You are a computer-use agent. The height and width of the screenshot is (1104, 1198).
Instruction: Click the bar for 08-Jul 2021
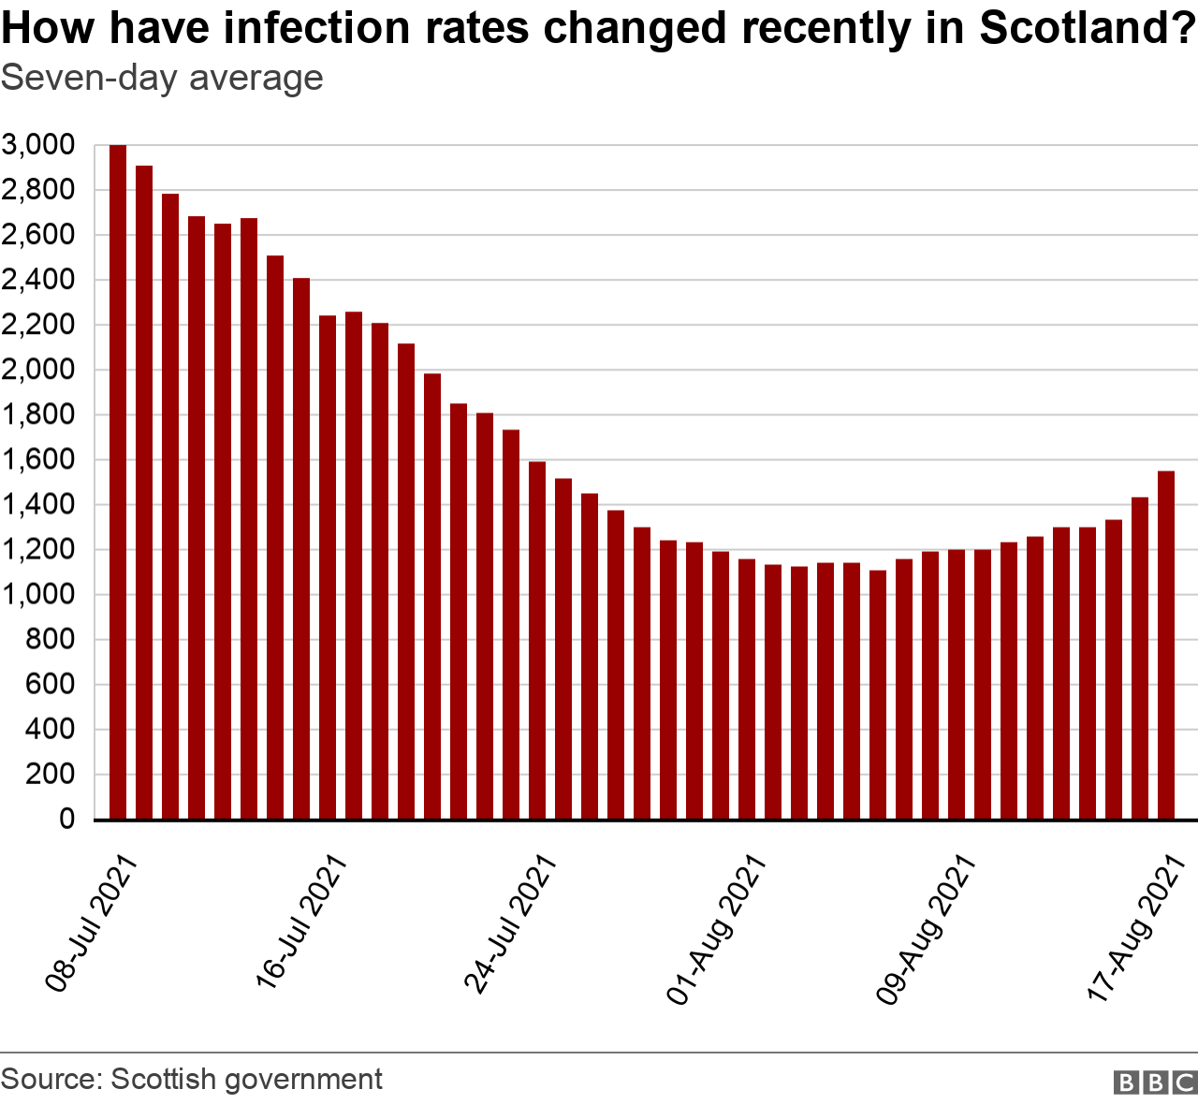click(x=118, y=482)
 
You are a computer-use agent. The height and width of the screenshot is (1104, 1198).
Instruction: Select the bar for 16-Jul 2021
click(x=328, y=567)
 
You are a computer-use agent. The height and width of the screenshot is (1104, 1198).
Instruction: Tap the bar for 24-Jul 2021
click(x=537, y=640)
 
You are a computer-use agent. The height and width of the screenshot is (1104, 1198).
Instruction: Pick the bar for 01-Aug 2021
click(x=747, y=689)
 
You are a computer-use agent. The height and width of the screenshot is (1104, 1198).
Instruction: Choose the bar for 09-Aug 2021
click(x=957, y=684)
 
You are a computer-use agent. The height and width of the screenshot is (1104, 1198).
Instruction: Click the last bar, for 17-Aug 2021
click(x=1166, y=645)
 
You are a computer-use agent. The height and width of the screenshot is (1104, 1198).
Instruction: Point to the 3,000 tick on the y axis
click(x=37, y=145)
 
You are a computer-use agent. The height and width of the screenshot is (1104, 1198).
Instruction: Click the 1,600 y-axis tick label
click(x=37, y=459)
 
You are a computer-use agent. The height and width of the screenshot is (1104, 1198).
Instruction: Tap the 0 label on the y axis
click(x=66, y=819)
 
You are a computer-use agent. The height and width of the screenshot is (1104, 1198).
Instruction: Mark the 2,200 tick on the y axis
click(x=37, y=325)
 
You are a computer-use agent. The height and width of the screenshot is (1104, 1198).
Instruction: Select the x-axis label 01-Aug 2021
click(x=717, y=928)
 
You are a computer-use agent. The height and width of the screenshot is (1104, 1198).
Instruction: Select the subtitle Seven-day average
click(x=162, y=78)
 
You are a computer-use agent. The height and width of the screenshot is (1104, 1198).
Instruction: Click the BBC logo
click(x=1155, y=1082)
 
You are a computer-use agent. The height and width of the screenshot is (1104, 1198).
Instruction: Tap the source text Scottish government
click(x=246, y=1079)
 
